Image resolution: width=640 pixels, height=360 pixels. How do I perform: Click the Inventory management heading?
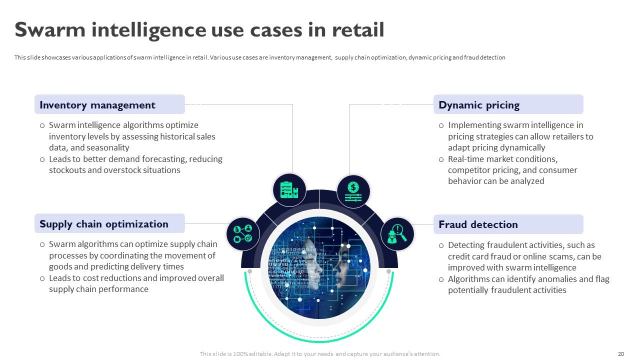pyautogui.click(x=97, y=105)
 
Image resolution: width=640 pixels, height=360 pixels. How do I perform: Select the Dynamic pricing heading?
pyautogui.click(x=479, y=105)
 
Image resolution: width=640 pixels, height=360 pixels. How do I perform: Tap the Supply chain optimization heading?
pyautogui.click(x=104, y=224)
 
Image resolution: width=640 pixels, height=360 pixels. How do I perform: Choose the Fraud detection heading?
pyautogui.click(x=478, y=224)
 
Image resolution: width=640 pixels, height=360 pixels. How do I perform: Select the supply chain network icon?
pyautogui.click(x=243, y=233)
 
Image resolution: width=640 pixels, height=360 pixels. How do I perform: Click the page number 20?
pyautogui.click(x=621, y=354)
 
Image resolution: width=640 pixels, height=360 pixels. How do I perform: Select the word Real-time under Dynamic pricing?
pyautogui.click(x=467, y=159)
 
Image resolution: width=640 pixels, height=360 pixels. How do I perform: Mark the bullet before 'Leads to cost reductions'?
pyautogui.click(x=42, y=278)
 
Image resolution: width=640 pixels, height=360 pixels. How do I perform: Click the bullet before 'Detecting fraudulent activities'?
pyautogui.click(x=441, y=245)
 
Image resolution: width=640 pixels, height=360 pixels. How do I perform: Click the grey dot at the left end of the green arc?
pyautogui.click(x=250, y=271)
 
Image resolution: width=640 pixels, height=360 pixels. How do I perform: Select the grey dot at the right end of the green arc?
pyautogui.click(x=389, y=271)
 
